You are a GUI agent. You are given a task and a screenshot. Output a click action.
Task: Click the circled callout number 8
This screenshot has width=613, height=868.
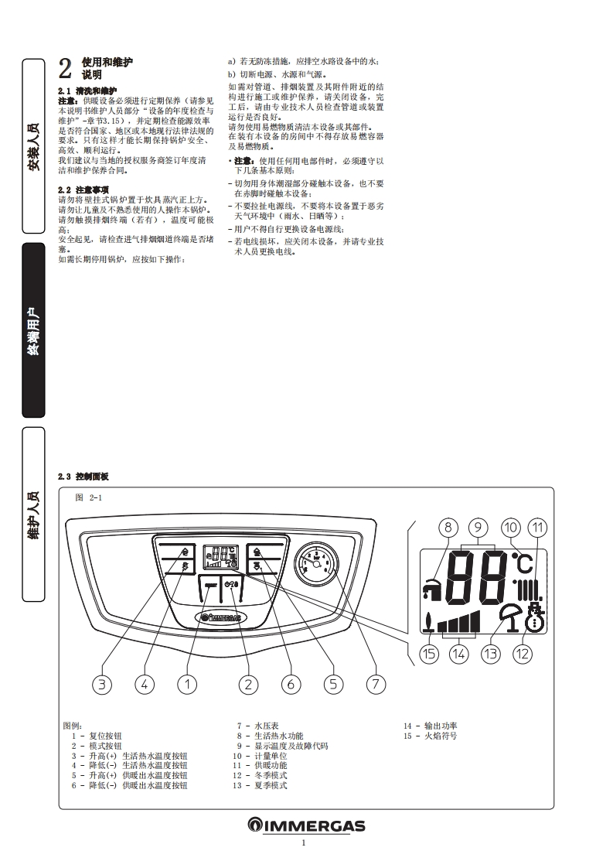click(449, 528)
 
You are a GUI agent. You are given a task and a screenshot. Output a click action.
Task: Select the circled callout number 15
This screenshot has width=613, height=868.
click(429, 654)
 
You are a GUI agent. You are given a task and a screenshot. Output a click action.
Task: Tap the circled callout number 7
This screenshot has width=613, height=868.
click(376, 684)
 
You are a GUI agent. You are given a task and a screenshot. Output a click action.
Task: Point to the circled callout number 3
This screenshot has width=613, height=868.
click(102, 684)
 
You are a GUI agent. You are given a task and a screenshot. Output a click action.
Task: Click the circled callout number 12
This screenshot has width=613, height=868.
click(523, 654)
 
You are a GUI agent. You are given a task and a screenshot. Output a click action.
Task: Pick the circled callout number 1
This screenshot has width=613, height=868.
click(186, 684)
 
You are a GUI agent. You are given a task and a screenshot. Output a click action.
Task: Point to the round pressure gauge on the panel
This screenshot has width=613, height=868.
click(315, 563)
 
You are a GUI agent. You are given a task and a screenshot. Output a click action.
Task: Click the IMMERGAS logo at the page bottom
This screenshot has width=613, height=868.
click(306, 825)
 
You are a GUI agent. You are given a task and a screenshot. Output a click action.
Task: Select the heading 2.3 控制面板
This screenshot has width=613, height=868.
click(83, 476)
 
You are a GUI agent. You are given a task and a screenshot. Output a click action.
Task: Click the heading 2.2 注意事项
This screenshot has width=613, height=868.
click(83, 190)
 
